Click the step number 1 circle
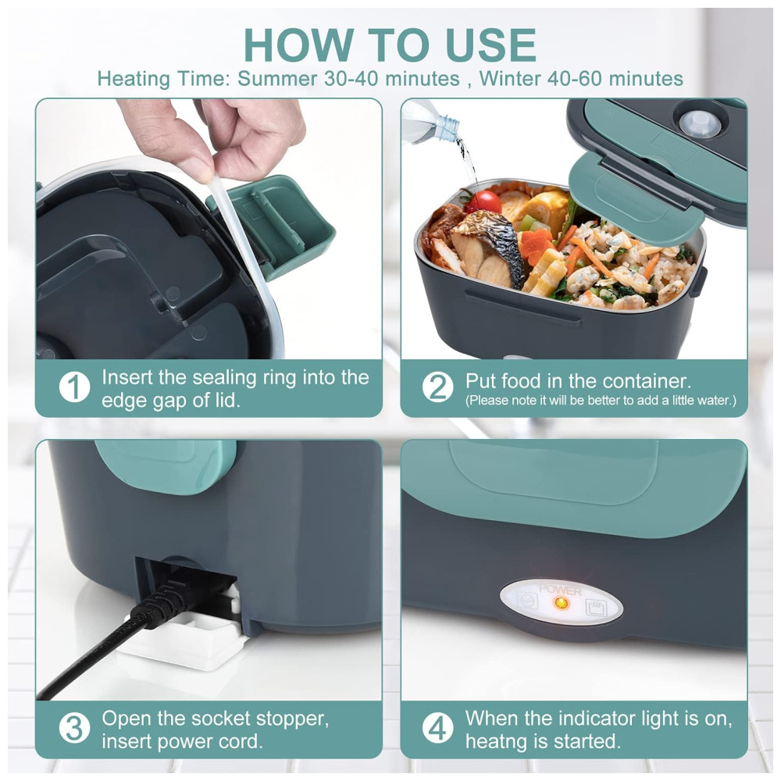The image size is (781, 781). [74, 387]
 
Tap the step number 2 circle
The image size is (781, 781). [438, 387]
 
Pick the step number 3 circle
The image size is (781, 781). [74, 728]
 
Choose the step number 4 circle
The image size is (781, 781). [438, 728]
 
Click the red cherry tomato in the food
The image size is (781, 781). [483, 201]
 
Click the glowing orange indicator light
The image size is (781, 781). [561, 603]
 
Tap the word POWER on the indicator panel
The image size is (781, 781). [560, 590]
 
